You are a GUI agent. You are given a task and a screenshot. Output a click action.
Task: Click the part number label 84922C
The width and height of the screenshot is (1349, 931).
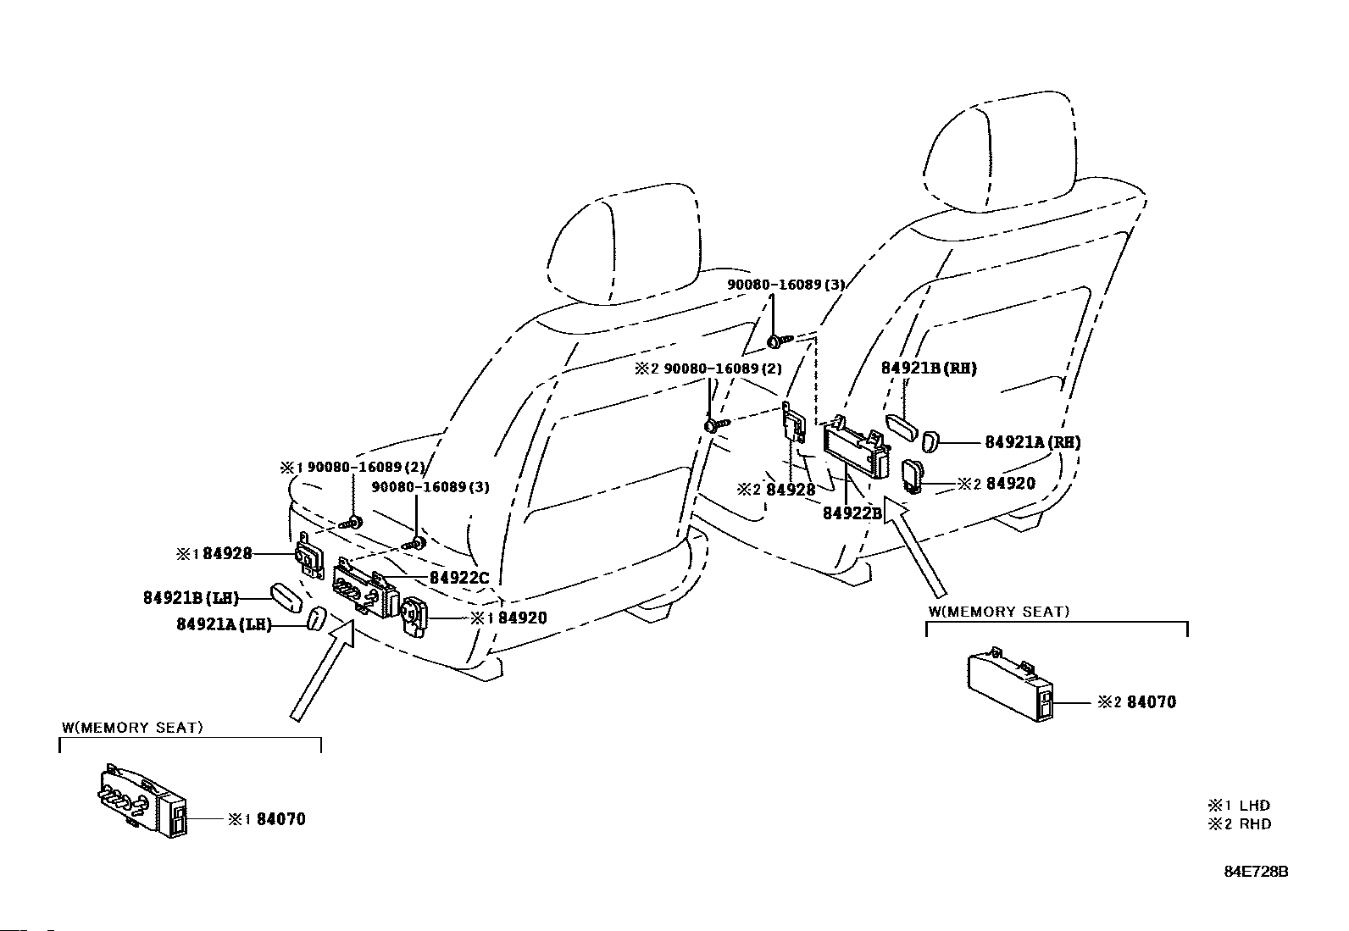459,578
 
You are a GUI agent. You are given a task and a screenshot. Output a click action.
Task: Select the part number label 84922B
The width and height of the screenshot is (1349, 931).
852,513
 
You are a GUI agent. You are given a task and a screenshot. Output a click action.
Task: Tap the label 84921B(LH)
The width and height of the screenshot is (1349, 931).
192,598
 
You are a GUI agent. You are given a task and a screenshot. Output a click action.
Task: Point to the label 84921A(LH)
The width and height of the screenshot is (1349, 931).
224,624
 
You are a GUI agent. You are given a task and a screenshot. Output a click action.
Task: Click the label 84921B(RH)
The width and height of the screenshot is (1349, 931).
929,368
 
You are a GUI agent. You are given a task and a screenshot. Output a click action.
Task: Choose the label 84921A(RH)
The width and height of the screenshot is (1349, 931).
1033,442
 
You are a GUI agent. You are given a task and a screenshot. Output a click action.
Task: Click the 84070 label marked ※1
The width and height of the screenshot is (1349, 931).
267,819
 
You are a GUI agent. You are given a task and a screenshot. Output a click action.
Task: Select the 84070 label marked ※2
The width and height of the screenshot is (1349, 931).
1137,701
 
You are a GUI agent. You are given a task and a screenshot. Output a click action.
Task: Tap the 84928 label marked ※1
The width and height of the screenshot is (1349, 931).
214,553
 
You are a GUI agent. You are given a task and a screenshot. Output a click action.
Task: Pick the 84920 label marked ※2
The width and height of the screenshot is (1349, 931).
996,483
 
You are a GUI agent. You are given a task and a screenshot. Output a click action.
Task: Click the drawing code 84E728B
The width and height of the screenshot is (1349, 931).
1257,872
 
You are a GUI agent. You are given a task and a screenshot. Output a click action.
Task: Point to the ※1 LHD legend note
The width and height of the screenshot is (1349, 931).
1239,805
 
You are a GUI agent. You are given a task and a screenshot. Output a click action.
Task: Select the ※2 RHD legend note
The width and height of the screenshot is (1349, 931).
1240,823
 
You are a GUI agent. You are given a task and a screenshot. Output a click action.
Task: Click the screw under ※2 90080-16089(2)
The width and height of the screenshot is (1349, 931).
717,424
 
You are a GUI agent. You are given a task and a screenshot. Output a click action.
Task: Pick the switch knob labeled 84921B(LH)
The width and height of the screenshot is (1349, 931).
286,596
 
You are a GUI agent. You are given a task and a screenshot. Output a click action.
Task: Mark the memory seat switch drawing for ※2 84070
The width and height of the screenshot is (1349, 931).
1010,684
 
